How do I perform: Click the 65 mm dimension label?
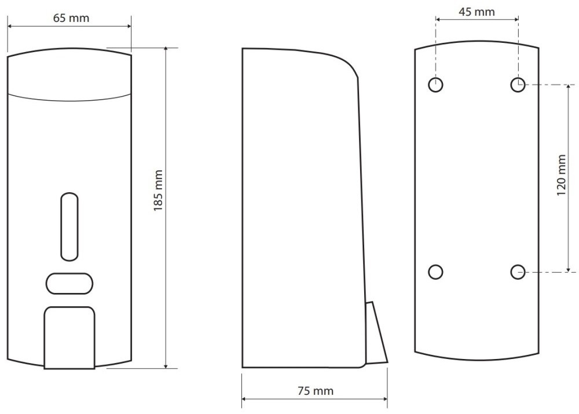pyautogui.click(x=71, y=18)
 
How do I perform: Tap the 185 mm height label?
pyautogui.click(x=158, y=190)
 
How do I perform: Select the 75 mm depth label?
pyautogui.click(x=316, y=391)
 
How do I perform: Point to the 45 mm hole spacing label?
pyautogui.click(x=477, y=12)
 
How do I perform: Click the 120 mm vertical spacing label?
pyautogui.click(x=561, y=175)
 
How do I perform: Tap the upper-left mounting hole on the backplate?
pyautogui.click(x=436, y=85)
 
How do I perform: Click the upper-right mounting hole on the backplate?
pyautogui.click(x=518, y=85)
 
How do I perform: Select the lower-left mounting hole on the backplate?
pyautogui.click(x=436, y=272)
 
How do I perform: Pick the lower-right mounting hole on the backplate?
pyautogui.click(x=518, y=272)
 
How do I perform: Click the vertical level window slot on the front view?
pyautogui.click(x=69, y=226)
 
